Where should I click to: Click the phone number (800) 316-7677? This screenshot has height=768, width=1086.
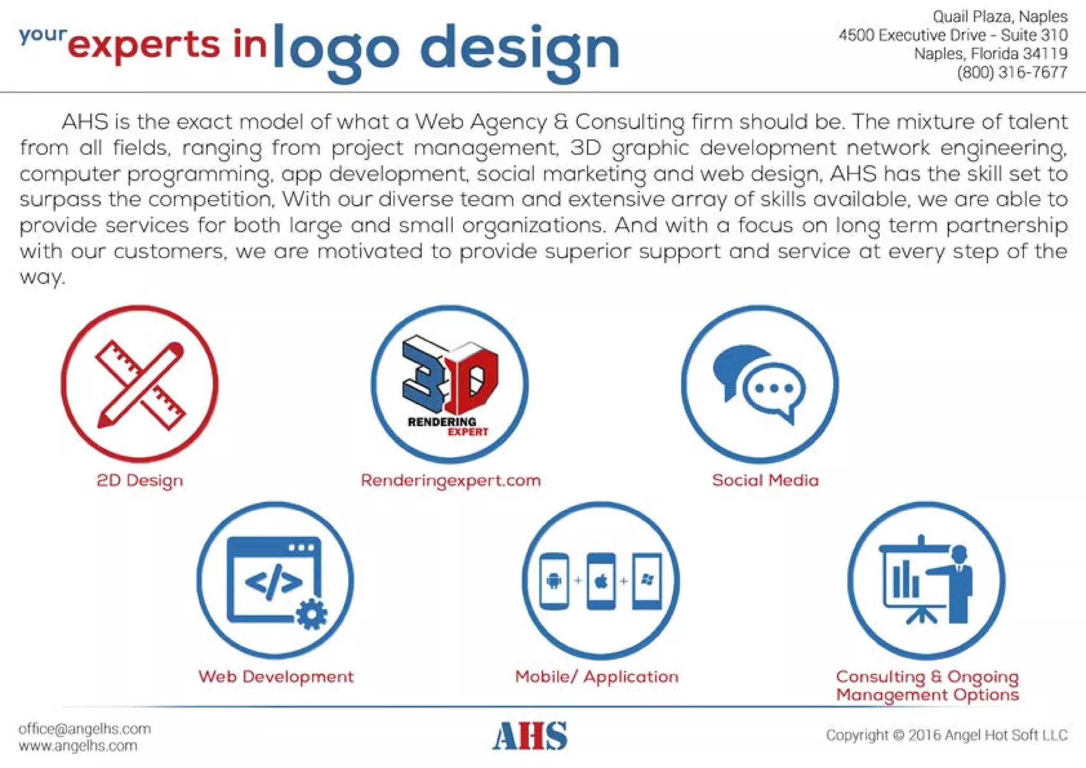(1012, 72)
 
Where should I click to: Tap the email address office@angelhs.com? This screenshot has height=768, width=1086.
(85, 728)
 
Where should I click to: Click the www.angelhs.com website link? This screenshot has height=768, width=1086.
(78, 746)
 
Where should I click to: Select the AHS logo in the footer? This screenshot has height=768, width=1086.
(530, 736)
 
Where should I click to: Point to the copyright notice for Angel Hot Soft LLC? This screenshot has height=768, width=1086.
(947, 735)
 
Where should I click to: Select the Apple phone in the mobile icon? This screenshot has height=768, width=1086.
(601, 581)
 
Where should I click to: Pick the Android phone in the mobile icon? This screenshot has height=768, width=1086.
(554, 581)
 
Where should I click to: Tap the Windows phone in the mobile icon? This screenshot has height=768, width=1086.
(647, 580)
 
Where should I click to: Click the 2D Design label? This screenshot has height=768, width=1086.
(140, 481)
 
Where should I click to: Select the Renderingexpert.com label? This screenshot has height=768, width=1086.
(450, 481)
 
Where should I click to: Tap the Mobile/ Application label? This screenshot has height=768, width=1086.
(597, 677)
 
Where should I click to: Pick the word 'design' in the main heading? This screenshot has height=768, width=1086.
(520, 51)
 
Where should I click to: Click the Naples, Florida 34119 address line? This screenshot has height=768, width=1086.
(991, 54)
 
